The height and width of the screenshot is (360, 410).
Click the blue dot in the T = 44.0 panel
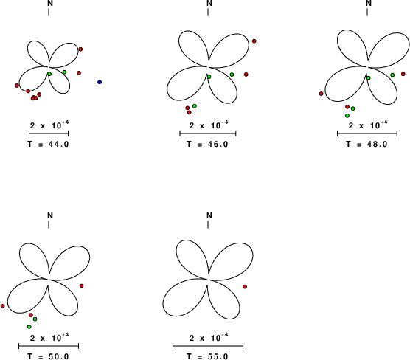(x=100, y=82)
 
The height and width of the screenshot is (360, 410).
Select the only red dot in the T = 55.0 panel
(x=245, y=287)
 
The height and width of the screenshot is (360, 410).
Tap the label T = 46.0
(x=208, y=144)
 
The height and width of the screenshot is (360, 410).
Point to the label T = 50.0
(x=49, y=356)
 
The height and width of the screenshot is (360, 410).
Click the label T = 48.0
(x=366, y=144)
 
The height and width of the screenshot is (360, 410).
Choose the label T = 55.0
(x=208, y=356)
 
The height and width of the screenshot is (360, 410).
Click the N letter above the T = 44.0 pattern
(x=50, y=3)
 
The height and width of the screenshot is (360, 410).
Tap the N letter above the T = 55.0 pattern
(x=209, y=215)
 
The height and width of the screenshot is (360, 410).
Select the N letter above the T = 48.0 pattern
(x=369, y=3)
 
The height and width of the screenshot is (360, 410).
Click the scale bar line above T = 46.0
(x=208, y=134)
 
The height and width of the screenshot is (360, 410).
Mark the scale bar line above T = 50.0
(x=49, y=346)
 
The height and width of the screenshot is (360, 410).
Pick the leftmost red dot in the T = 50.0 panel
(x=3, y=306)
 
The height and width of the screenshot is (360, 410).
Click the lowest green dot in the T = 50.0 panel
(x=29, y=327)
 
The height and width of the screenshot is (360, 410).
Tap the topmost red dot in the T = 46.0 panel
(x=254, y=41)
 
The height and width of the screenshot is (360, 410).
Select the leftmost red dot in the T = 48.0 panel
(x=321, y=94)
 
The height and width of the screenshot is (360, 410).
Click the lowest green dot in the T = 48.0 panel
(x=347, y=116)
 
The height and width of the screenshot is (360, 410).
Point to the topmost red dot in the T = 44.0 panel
(x=80, y=49)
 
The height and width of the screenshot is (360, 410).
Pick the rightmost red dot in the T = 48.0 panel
(x=403, y=74)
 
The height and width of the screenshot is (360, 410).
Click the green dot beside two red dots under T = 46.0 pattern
(x=195, y=106)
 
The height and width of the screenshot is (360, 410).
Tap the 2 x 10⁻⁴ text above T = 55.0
(x=209, y=338)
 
